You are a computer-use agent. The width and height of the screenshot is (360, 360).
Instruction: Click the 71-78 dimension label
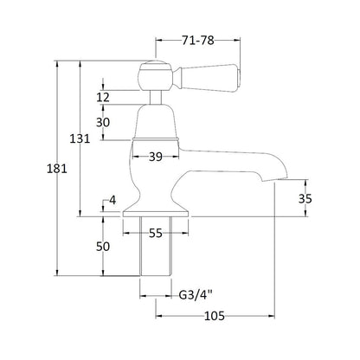pos(198,41)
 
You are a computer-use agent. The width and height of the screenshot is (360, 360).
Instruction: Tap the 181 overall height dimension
pos(57,169)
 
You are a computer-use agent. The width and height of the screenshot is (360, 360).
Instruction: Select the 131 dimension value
pos(80,139)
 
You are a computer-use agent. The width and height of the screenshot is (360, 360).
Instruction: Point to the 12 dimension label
pos(103,98)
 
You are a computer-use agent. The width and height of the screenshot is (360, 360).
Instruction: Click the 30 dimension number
pos(103,123)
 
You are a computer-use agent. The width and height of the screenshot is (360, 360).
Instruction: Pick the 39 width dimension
pos(156,157)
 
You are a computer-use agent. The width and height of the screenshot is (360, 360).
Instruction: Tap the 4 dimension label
pos(112,200)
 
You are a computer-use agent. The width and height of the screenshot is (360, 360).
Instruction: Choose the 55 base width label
pos(156,233)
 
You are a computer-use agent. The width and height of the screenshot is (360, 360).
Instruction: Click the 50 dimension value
pos(103,247)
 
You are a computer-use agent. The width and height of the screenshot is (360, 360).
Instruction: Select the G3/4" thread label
pos(196,295)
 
